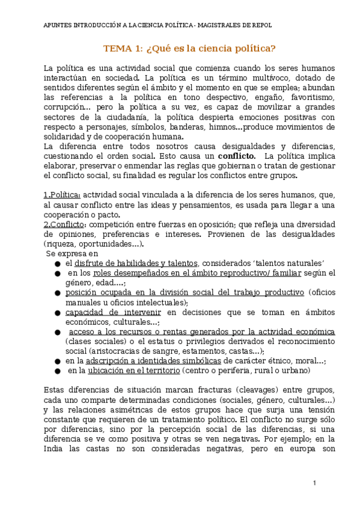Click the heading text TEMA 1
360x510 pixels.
point(124,49)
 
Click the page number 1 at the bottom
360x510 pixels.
point(314,483)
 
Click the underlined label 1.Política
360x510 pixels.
point(63,195)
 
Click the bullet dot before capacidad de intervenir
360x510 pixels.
point(56,313)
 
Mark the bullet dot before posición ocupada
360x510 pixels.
point(56,293)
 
